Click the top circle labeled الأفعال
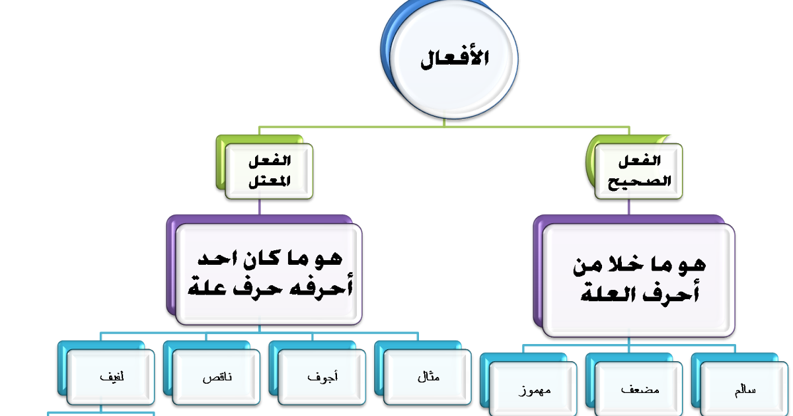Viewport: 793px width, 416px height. point(455,60)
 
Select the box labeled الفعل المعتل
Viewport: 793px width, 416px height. point(268,171)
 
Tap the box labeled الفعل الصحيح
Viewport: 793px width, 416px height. point(638,171)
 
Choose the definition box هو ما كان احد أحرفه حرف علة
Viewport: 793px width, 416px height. point(268,273)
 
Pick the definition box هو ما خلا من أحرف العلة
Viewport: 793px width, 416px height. point(638,279)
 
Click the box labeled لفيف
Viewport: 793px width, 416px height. point(110,378)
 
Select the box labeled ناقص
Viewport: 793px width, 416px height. point(216,378)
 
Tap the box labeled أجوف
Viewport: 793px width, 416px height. point(322,378)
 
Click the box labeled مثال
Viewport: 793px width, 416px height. point(428,378)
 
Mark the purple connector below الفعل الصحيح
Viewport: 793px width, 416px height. point(628,206)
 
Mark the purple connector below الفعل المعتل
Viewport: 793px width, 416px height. point(258,206)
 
